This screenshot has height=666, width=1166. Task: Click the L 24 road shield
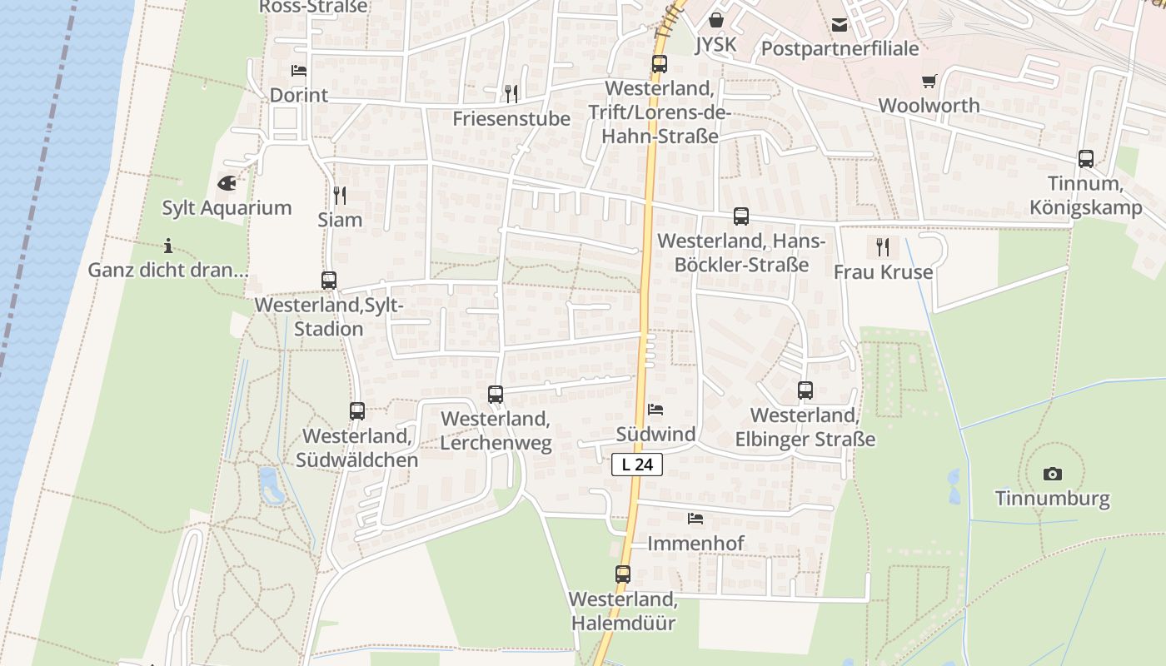point(637,465)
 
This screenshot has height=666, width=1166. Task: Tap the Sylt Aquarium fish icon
point(227,183)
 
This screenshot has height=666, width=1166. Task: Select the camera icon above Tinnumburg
point(1053,474)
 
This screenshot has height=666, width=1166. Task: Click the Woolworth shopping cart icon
point(929,81)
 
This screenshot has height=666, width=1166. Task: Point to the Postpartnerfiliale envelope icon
point(840,25)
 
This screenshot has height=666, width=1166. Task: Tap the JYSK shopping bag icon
point(716,19)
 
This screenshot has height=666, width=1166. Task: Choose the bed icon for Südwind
point(655,410)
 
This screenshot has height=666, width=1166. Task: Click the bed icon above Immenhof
point(695,519)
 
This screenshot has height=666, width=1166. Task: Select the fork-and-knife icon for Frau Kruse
point(883,246)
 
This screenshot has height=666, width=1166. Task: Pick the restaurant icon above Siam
point(340,196)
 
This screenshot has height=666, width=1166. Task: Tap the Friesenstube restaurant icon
point(511,93)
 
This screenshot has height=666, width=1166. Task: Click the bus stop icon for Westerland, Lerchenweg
point(496,395)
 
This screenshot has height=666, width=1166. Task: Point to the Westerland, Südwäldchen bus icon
point(357,410)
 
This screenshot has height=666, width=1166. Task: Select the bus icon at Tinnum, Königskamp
point(1086,158)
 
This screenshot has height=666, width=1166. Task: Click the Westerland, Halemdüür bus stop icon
point(623,574)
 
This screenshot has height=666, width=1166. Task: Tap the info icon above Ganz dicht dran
point(168,246)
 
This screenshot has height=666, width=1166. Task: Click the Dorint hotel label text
point(299,95)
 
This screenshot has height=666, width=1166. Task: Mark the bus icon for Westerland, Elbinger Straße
point(805,390)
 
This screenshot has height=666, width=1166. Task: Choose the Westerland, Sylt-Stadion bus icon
point(329,281)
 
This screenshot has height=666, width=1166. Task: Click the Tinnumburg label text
point(1053,499)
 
